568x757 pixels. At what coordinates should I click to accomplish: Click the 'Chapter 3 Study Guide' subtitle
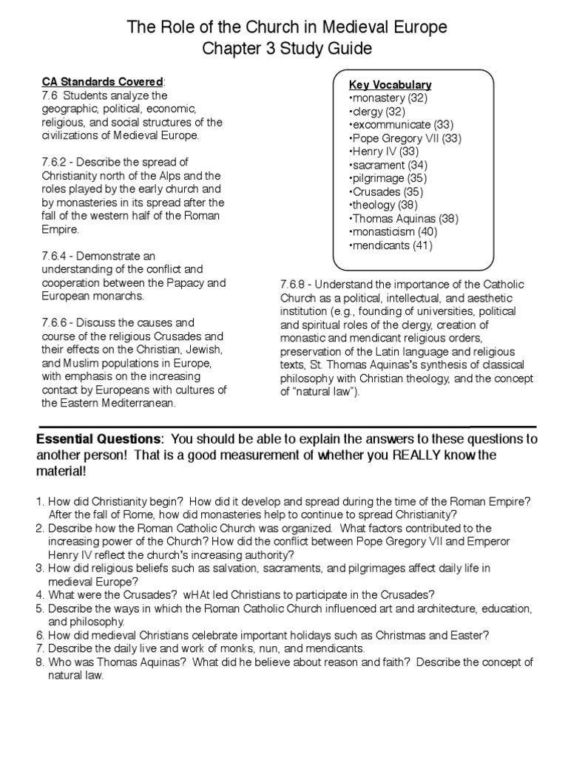[x=288, y=50]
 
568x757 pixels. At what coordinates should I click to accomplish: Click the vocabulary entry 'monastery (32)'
[x=387, y=98]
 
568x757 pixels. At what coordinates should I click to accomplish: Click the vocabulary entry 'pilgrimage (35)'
[x=386, y=179]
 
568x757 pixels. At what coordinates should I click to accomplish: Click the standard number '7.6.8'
[x=294, y=283]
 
